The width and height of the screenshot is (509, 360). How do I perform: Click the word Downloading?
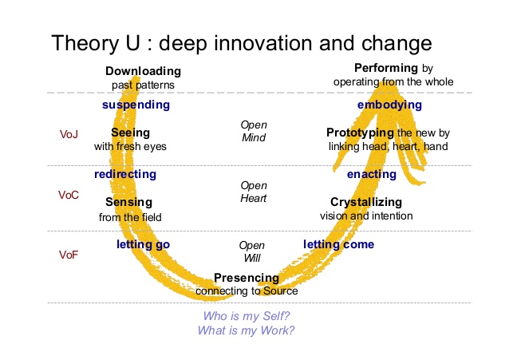[x=143, y=71]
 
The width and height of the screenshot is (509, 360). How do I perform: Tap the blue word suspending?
[x=136, y=105]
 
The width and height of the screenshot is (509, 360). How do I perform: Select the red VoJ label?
[x=69, y=134]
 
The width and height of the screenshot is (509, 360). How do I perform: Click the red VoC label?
[x=69, y=195]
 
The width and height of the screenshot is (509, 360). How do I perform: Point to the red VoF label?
[x=69, y=255]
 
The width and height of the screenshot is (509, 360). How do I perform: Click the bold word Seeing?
[x=131, y=133]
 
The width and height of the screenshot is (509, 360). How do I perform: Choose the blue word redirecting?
[x=125, y=174]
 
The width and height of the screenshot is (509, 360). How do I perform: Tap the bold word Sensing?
[x=129, y=202]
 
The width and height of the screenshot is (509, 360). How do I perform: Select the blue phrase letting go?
[x=143, y=245]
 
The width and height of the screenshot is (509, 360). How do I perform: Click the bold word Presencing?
[x=247, y=278]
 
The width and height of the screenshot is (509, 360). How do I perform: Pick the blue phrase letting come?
[x=338, y=244]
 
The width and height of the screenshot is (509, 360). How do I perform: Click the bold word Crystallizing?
[x=366, y=202]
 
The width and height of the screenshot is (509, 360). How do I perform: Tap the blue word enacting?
[x=372, y=175]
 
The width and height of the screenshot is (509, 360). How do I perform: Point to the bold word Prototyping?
[x=360, y=133]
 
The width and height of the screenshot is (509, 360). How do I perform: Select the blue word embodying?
[x=389, y=105]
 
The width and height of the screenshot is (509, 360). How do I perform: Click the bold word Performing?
[x=386, y=68]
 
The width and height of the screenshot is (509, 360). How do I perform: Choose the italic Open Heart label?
[x=254, y=192]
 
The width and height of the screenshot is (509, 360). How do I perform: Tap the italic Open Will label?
[x=252, y=251]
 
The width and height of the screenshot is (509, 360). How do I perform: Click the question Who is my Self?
[x=247, y=316]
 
